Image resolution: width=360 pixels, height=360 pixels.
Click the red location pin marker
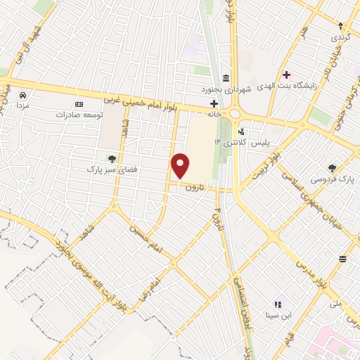click(181, 166)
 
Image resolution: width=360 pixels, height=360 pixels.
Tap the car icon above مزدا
click(23, 94)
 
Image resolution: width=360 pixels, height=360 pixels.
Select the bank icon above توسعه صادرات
click(79, 103)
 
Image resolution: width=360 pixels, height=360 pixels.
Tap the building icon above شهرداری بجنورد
click(225, 78)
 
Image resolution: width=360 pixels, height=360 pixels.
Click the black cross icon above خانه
click(213, 103)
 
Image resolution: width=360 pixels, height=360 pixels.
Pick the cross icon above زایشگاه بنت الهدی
click(286, 75)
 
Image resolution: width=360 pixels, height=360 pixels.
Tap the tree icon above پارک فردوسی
click(332, 168)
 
